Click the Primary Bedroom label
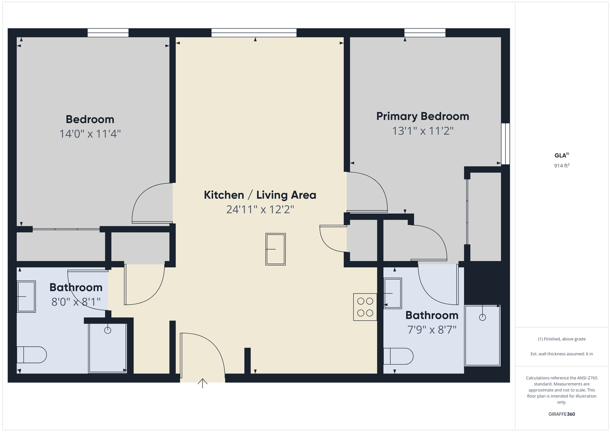pyautogui.click(x=423, y=116)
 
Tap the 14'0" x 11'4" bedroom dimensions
pyautogui.click(x=90, y=134)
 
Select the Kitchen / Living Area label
pyautogui.click(x=260, y=195)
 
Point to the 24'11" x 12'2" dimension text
pyautogui.click(x=260, y=210)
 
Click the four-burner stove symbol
pyautogui.click(x=365, y=307)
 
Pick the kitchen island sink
pyautogui.click(x=276, y=249)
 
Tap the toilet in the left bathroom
pyautogui.click(x=32, y=355)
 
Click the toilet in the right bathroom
pyautogui.click(x=398, y=356)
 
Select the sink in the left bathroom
pyautogui.click(x=26, y=296)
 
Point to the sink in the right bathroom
pyautogui.click(x=393, y=293)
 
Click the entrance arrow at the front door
pyautogui.click(x=202, y=383)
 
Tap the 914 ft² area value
pyautogui.click(x=562, y=166)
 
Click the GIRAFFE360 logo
pyautogui.click(x=562, y=414)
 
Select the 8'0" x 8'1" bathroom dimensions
pyautogui.click(x=76, y=302)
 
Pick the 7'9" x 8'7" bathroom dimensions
pyautogui.click(x=432, y=330)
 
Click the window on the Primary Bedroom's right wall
pyautogui.click(x=505, y=144)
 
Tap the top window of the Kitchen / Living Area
pyautogui.click(x=254, y=33)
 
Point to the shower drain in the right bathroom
pyautogui.click(x=483, y=318)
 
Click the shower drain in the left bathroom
pyautogui.click(x=108, y=330)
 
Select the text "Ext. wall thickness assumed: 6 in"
pyautogui.click(x=562, y=354)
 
